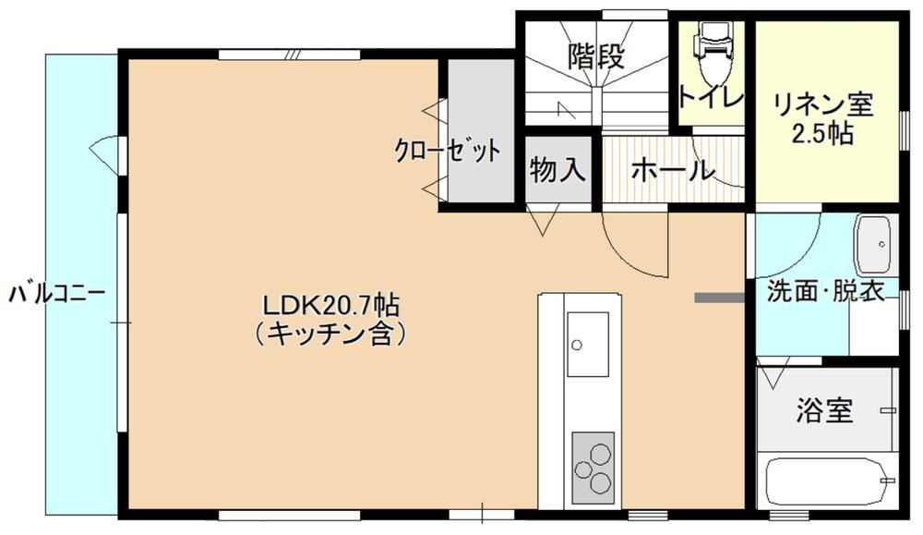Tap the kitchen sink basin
pyautogui.click(x=587, y=344)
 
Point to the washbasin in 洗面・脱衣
pyautogui.click(x=874, y=245)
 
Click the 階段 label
pyautogui.click(x=595, y=57)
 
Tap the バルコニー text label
pyautogui.click(x=57, y=294)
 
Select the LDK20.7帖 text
pyautogui.click(x=331, y=306)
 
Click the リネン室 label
pyautogui.click(x=823, y=105)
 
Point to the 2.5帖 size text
pyautogui.click(x=823, y=134)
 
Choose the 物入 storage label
pyautogui.click(x=557, y=170)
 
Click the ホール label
pyautogui.click(x=673, y=170)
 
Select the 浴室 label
pyautogui.click(x=824, y=410)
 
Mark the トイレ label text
pyautogui.click(x=712, y=97)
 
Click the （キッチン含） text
pyautogui.click(x=331, y=334)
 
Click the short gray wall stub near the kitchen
pyautogui.click(x=720, y=298)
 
